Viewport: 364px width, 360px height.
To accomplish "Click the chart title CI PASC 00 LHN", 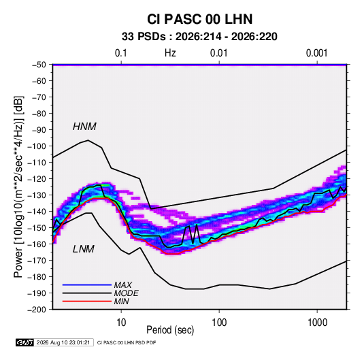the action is pos(199,19).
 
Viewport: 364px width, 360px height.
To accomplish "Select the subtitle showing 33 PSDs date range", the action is pos(199,37).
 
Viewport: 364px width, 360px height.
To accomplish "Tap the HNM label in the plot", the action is pos(84,127).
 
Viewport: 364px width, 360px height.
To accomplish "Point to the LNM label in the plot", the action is pos(84,249).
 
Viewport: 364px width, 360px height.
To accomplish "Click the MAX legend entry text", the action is pos(122,285).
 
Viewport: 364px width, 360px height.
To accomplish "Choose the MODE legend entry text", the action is pos(127,293).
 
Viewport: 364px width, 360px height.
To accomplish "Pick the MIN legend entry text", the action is pos(121,301).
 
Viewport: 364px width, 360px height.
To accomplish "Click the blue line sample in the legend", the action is pos(87,284).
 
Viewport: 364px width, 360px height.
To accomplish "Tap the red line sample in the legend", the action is pos(87,301).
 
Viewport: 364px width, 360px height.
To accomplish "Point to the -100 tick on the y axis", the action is pos(37,146).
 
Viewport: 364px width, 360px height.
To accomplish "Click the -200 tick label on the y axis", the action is pos(37,310).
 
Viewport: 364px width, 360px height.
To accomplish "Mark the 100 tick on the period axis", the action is pos(219,323).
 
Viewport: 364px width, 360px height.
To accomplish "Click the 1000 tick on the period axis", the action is pos(317,323).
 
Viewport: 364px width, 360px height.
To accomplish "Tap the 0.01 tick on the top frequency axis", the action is pos(218,53).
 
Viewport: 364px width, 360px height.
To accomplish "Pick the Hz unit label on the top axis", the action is pos(170,53).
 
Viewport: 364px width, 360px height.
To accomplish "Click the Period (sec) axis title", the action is pos(170,330).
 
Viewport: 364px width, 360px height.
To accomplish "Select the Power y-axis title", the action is pos(18,187).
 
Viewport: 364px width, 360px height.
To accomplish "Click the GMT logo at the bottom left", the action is pos(24,342).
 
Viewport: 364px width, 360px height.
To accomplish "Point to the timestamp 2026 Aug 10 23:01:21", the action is pos(63,342).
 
